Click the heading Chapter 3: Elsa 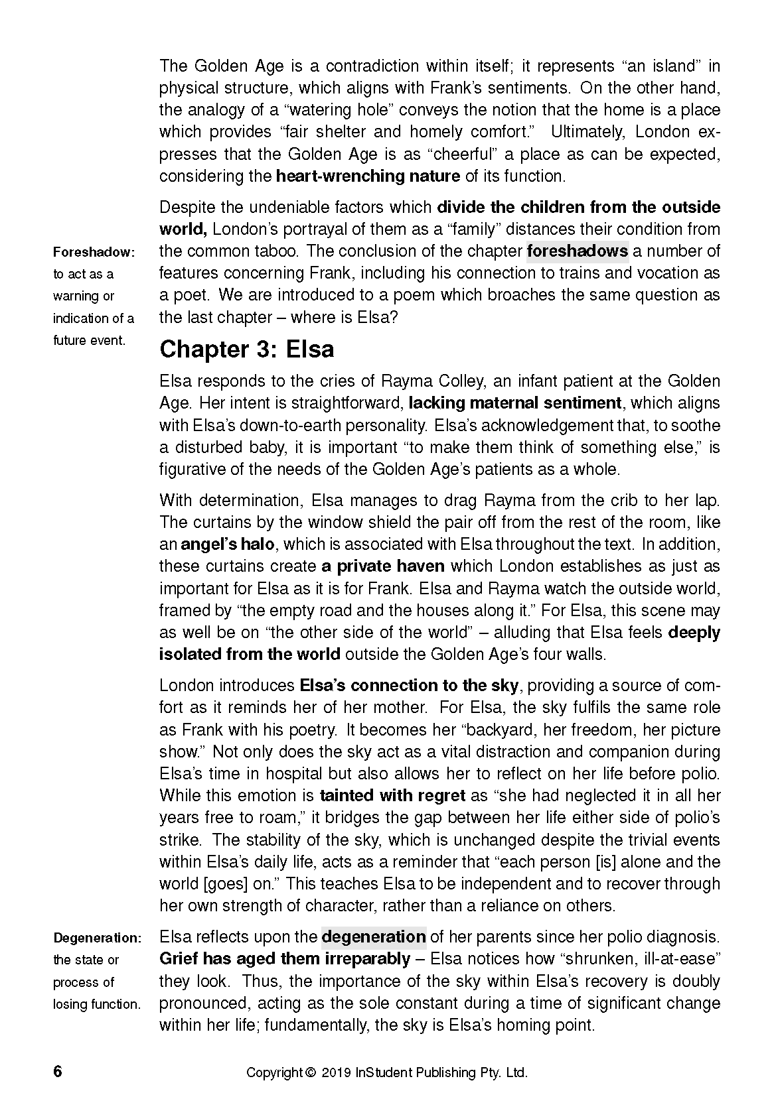pos(246,349)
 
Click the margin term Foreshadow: pos(94,252)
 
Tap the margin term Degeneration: pos(97,938)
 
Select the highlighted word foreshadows pos(577,251)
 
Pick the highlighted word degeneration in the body pos(373,936)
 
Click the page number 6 pos(58,1072)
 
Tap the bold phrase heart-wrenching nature pos(368,176)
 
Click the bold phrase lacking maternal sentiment pos(515,403)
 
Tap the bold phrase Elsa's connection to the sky pos(409,685)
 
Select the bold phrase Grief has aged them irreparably pos(285,959)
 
